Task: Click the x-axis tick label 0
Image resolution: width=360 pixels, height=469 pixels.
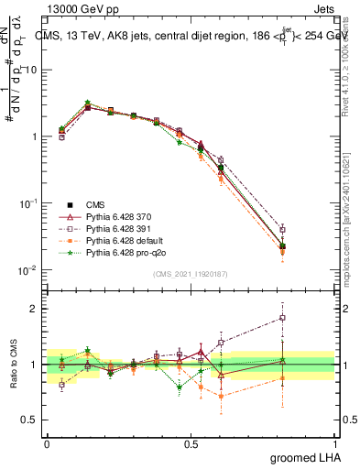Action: (x=47, y=442)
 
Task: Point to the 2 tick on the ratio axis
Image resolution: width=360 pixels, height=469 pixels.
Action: (x=37, y=309)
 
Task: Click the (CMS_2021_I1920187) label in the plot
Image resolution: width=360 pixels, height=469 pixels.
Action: (x=190, y=273)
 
